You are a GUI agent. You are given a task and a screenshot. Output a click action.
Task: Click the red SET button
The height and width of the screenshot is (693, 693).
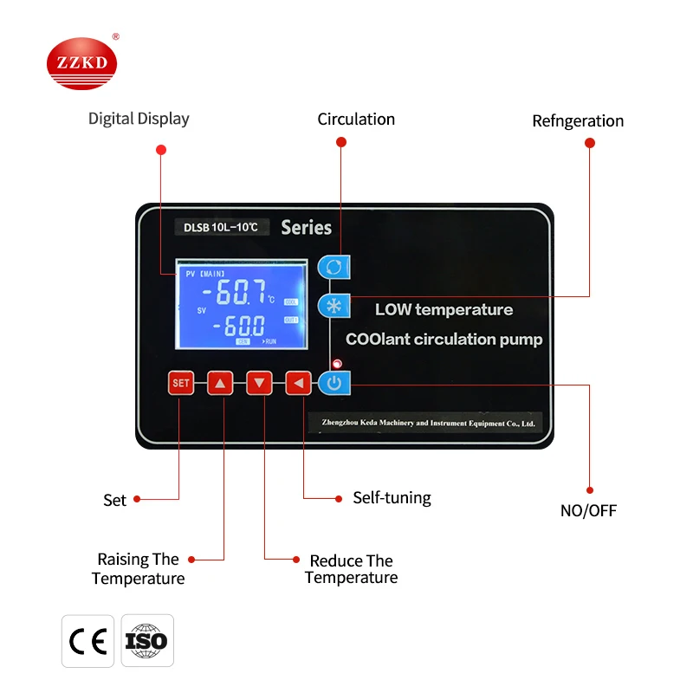[x=180, y=383]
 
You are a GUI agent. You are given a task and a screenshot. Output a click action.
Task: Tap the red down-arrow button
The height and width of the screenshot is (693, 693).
[x=259, y=383]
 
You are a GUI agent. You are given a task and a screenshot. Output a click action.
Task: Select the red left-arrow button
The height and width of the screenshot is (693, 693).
[x=298, y=383]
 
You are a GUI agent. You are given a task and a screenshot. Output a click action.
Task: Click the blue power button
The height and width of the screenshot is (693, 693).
[x=334, y=382]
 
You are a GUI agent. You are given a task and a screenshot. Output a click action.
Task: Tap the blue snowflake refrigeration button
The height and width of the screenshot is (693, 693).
[x=334, y=307]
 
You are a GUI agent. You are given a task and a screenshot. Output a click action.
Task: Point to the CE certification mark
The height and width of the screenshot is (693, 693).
[x=87, y=641]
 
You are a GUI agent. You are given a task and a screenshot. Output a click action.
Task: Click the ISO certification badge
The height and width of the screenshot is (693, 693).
[x=146, y=641]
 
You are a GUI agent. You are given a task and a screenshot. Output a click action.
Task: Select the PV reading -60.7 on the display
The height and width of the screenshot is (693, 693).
[x=240, y=293]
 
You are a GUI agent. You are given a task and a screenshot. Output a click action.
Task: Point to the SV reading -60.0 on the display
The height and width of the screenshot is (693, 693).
[x=245, y=326]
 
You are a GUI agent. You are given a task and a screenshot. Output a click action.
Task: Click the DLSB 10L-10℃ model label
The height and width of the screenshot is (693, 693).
[x=221, y=228]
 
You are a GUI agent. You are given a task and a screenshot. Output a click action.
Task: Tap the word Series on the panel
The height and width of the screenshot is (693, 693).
[x=306, y=228]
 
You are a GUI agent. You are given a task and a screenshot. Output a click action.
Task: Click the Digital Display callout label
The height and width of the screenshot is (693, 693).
[x=139, y=119]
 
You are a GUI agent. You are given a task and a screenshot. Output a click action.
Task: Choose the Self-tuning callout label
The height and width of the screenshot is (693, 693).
[x=392, y=497]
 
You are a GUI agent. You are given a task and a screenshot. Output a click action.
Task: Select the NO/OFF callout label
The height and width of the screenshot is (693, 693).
[x=588, y=510]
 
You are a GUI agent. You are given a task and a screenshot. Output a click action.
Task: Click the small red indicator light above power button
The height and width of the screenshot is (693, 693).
[x=336, y=364]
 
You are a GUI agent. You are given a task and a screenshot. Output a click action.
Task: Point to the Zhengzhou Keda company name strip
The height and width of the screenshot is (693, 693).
[x=424, y=423]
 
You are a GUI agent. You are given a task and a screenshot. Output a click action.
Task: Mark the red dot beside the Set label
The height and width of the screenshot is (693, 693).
[x=137, y=499]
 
